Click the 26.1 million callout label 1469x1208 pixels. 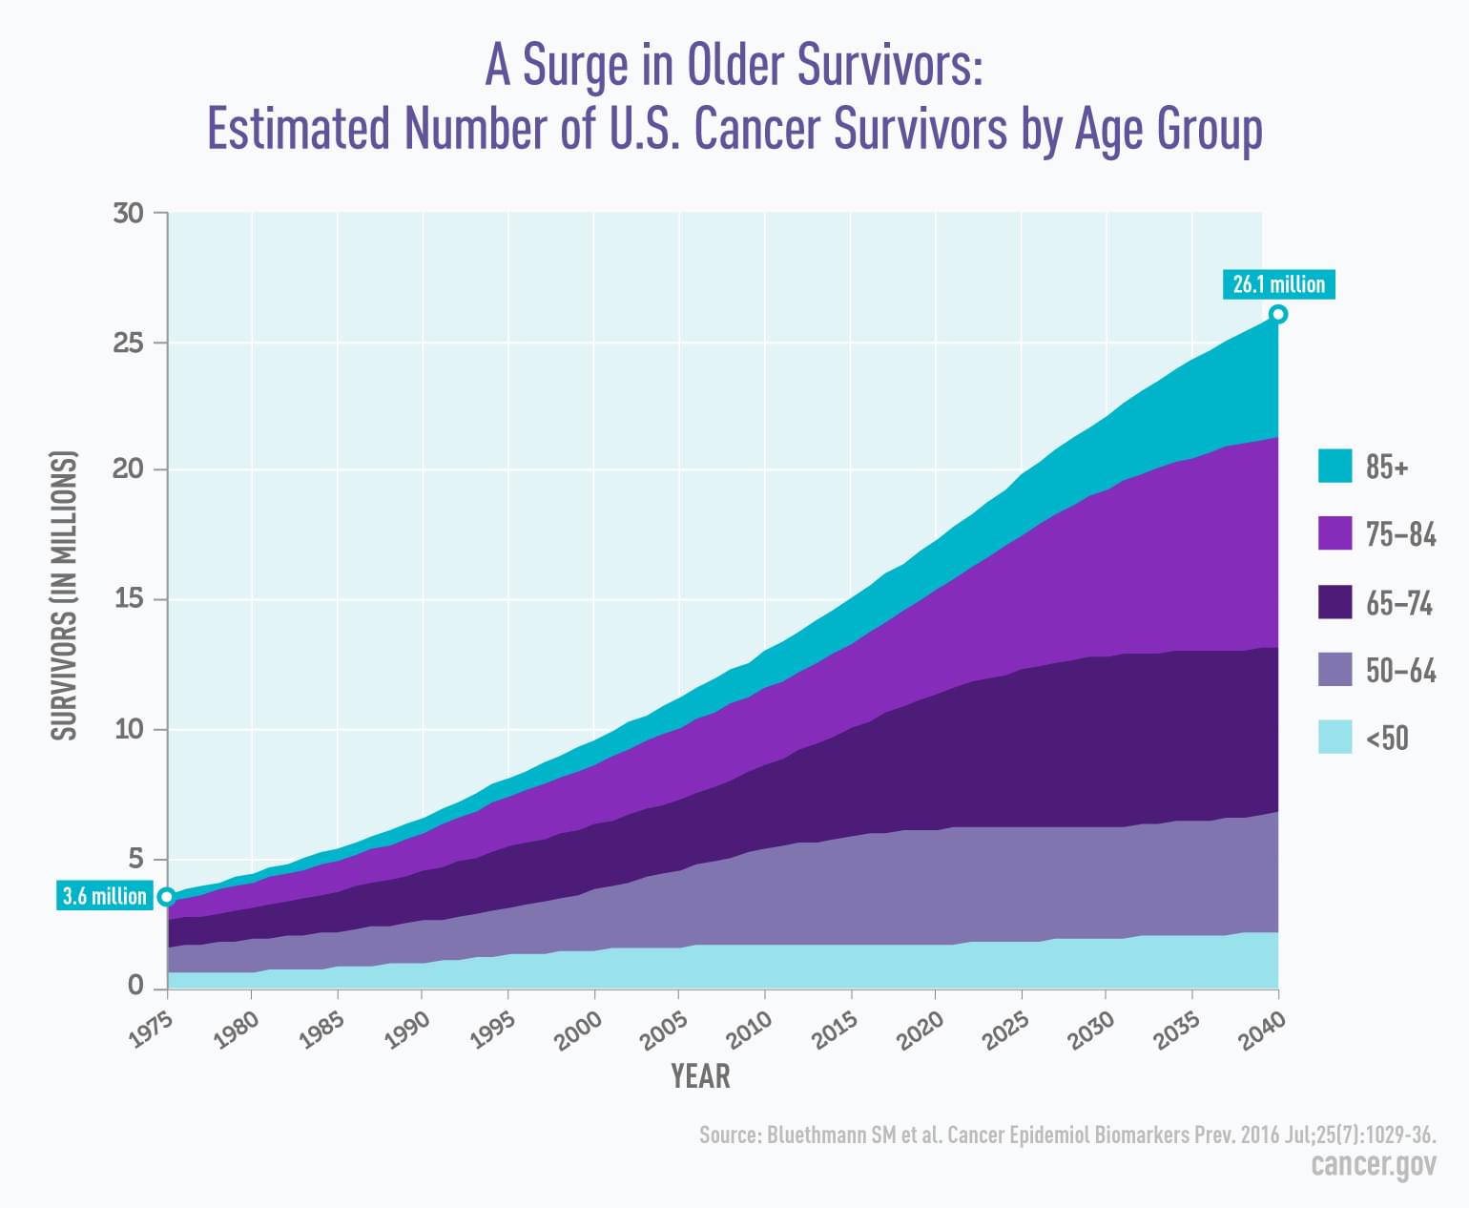pos(1278,284)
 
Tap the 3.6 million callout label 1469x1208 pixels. pos(104,896)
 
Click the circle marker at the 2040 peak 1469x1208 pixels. pos(1278,315)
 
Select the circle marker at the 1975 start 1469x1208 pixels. pos(167,897)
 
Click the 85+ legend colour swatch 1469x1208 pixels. pos(1335,466)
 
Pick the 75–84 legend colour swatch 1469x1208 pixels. pos(1335,533)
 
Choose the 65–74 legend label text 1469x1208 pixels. pos(1399,603)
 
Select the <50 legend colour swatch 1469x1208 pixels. pos(1335,738)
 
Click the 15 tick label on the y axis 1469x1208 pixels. pos(128,599)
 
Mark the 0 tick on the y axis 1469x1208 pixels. pos(135,987)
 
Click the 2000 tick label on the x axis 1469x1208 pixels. pos(579,1031)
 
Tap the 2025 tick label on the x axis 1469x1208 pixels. pos(1006,1031)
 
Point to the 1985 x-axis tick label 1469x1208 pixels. pos(321,1031)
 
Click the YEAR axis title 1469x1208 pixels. pos(700,1076)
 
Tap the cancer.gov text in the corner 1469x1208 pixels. pos(1373,1165)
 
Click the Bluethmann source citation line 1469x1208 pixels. pos(1067,1135)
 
